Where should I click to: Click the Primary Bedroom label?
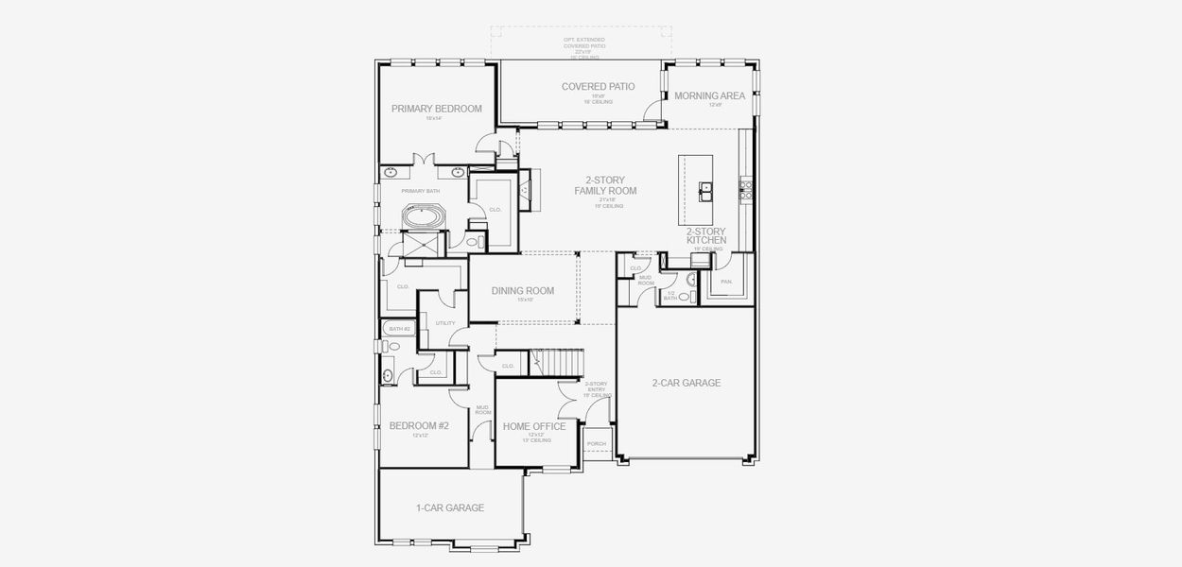[x=436, y=109]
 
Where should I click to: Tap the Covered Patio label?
[x=598, y=87]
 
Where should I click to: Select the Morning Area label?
[x=709, y=95]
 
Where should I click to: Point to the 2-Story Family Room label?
[x=605, y=185]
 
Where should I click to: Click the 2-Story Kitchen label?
[x=706, y=235]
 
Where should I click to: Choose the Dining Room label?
[x=522, y=291]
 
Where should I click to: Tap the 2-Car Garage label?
[x=686, y=383]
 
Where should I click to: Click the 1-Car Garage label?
[x=450, y=507]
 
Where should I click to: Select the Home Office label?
[x=534, y=426]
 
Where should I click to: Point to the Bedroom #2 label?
[x=419, y=426]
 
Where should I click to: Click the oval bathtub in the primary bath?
[x=422, y=215]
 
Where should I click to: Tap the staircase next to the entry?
[x=558, y=362]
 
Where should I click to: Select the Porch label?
[x=596, y=443]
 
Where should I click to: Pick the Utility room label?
[x=445, y=323]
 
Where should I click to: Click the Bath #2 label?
[x=400, y=329]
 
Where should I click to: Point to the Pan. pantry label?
[x=726, y=281]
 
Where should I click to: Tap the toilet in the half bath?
[x=684, y=297]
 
